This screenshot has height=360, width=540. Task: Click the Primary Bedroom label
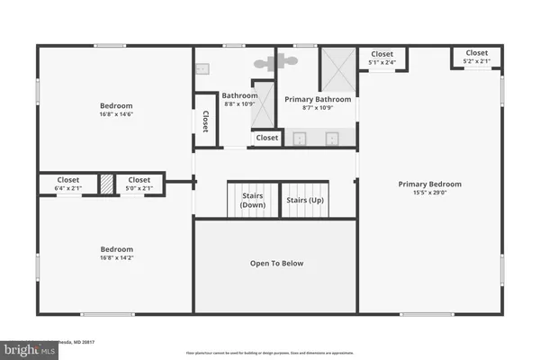(x=428, y=184)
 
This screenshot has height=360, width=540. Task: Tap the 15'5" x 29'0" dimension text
(x=428, y=193)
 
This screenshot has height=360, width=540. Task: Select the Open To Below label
(x=276, y=264)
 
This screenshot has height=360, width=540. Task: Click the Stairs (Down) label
(x=253, y=201)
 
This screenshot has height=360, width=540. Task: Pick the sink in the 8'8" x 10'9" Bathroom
(x=202, y=67)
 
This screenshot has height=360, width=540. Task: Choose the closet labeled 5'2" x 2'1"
(x=477, y=57)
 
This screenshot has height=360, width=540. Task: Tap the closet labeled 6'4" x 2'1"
(x=68, y=184)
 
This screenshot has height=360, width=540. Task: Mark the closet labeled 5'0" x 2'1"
(x=139, y=184)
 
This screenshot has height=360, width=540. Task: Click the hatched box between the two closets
(x=105, y=184)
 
